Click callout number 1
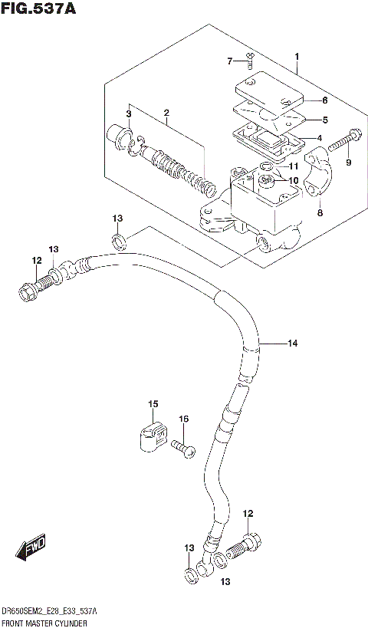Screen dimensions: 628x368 pos(296,56)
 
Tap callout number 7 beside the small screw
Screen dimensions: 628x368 pos(229,61)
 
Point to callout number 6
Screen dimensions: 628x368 pos(325,100)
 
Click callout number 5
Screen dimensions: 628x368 pos(325,120)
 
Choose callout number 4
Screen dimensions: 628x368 pos(320,139)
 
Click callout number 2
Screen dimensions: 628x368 pos(166,115)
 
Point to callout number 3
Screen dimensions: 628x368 pos(130,114)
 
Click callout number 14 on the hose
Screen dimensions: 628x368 pos(291,344)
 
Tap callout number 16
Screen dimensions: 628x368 pos(183,419)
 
